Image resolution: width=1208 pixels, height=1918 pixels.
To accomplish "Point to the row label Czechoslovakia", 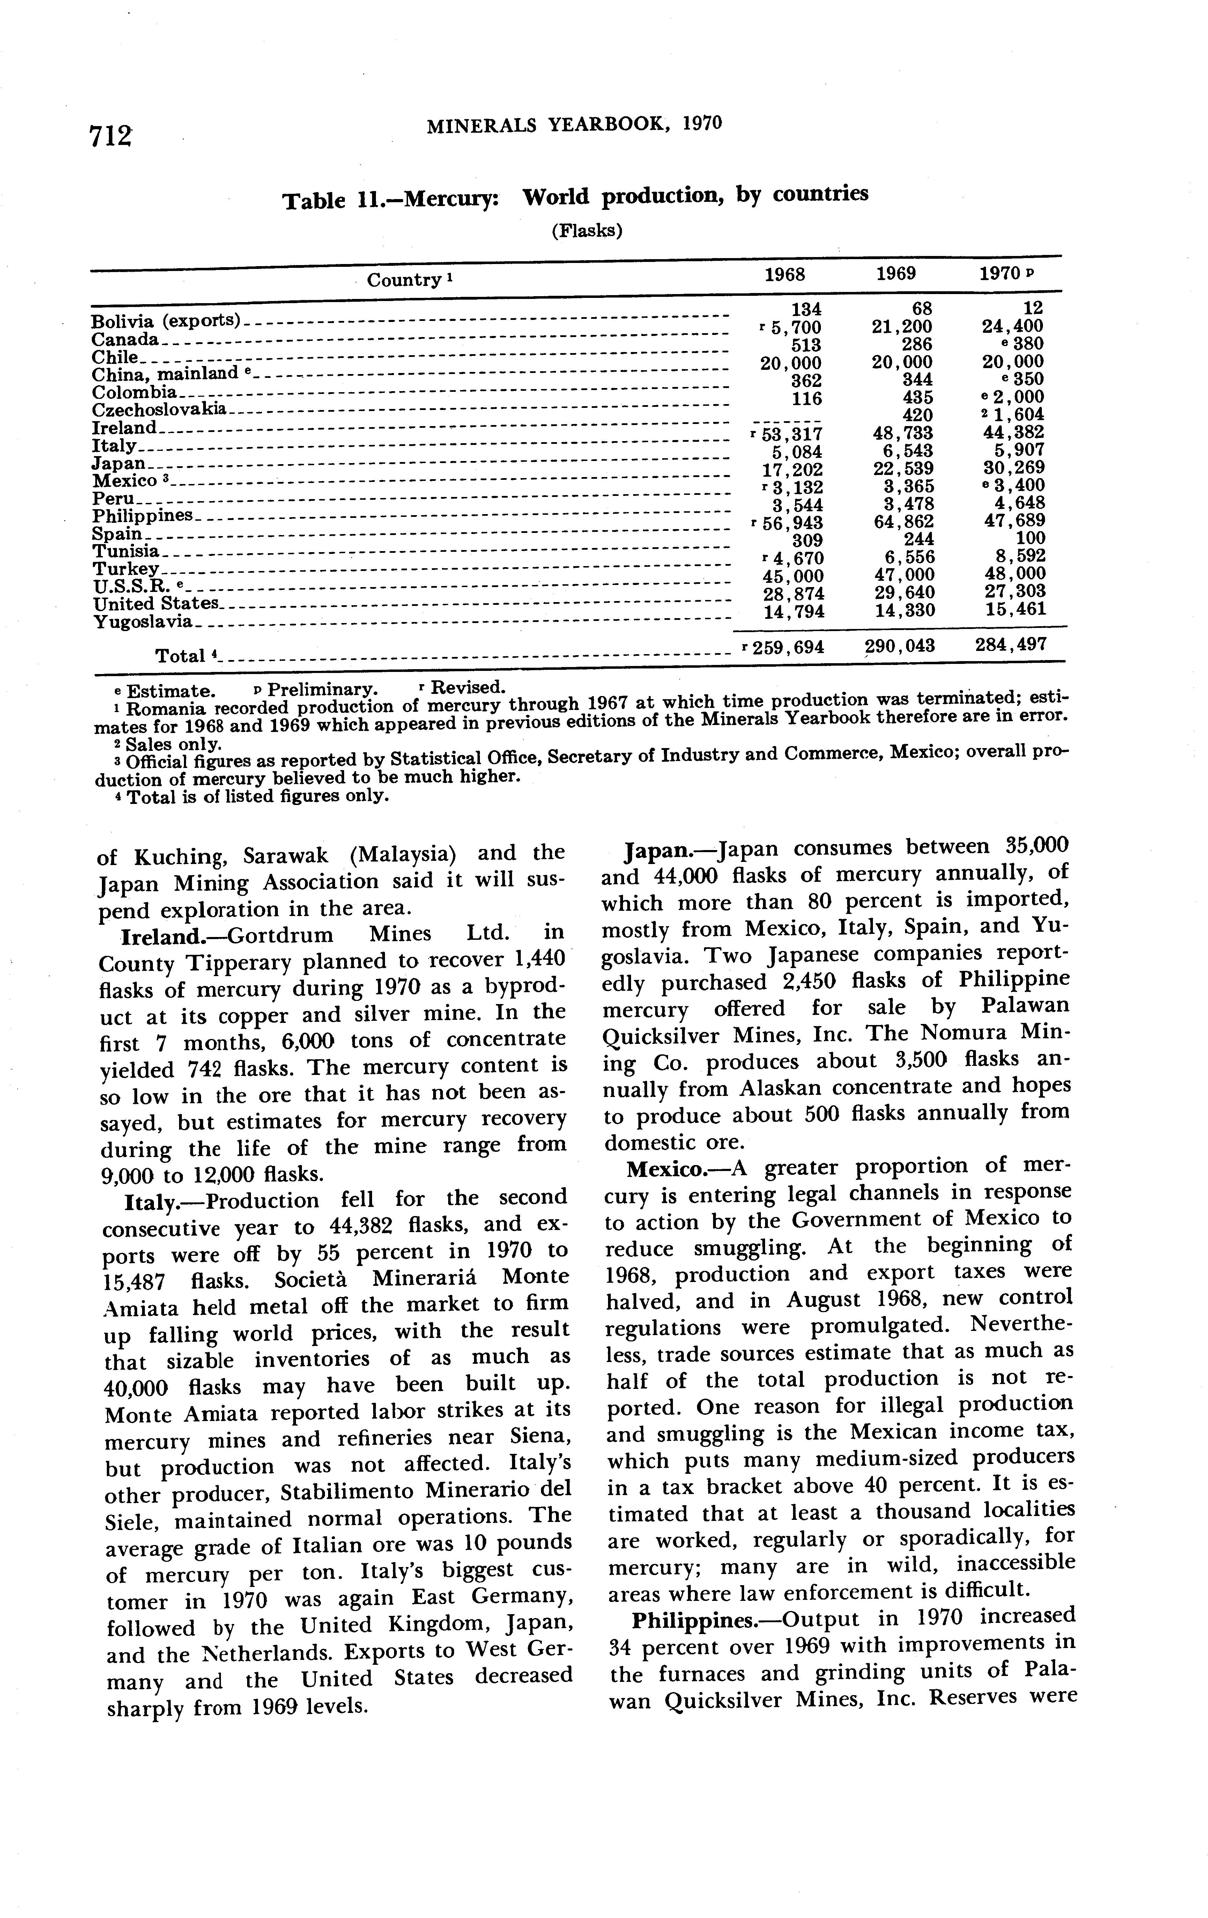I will pyautogui.click(x=159, y=410).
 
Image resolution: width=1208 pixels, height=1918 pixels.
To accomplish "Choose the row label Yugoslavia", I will pyautogui.click(x=143, y=621).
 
